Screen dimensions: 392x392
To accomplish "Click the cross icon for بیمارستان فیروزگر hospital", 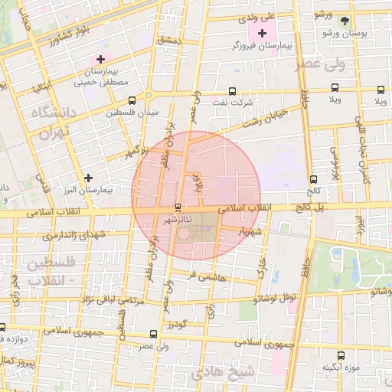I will (263, 33).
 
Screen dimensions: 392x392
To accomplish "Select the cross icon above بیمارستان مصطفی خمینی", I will (99, 59).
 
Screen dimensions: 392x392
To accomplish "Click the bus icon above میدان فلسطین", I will (132, 100).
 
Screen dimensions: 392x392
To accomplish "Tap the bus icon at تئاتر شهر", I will (178, 207).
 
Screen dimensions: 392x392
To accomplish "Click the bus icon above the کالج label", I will (312, 179).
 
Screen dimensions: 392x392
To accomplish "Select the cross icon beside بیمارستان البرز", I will (90, 177).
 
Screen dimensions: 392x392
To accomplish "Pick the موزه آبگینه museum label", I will (341, 368).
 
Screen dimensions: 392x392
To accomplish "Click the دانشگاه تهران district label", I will (54, 122).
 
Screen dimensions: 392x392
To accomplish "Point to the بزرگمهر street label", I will (138, 151).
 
